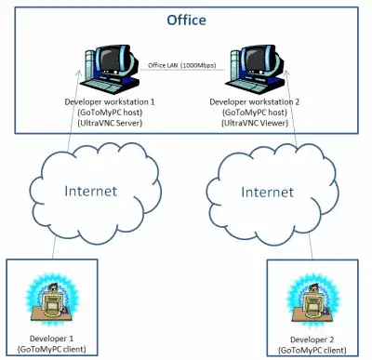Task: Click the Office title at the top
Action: click(187, 19)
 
